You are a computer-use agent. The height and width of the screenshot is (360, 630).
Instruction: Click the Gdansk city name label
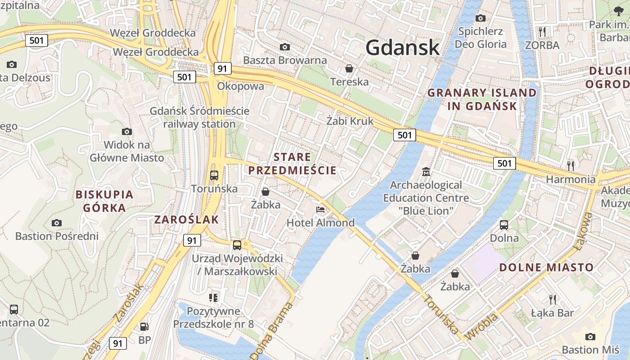pyautogui.click(x=402, y=47)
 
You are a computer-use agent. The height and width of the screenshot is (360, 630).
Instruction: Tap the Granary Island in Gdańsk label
pyautogui.click(x=482, y=99)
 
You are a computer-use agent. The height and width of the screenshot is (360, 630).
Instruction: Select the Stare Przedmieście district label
pyautogui.click(x=292, y=163)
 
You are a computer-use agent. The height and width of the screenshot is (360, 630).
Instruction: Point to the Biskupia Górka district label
pyautogui.click(x=104, y=201)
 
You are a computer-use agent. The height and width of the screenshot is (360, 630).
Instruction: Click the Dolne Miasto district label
pyautogui.click(x=546, y=267)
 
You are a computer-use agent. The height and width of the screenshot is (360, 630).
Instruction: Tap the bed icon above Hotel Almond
pyautogui.click(x=320, y=210)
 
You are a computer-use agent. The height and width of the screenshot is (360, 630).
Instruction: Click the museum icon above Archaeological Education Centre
pyautogui.click(x=426, y=171)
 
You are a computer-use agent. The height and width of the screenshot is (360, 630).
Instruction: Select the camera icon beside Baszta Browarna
pyautogui.click(x=284, y=47)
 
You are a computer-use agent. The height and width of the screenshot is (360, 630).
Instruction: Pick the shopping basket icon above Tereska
pyautogui.click(x=349, y=68)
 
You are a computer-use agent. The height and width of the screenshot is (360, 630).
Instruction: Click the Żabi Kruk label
pyautogui.click(x=350, y=121)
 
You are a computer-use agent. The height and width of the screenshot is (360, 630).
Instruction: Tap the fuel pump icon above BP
pyautogui.click(x=144, y=327)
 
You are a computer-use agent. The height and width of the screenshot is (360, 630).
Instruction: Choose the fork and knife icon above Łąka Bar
pyautogui.click(x=552, y=299)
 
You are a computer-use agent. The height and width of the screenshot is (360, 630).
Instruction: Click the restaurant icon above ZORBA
pyautogui.click(x=542, y=31)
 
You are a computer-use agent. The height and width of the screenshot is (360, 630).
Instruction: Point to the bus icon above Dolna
pyautogui.click(x=504, y=225)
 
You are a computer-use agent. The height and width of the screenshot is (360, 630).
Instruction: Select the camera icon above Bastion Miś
pyautogui.click(x=590, y=337)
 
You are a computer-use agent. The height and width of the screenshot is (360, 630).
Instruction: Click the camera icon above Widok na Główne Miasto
pyautogui.click(x=127, y=131)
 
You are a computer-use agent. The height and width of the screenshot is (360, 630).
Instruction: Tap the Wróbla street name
pyautogui.click(x=482, y=327)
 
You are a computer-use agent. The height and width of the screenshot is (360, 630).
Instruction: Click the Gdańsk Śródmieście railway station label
pyautogui.click(x=199, y=117)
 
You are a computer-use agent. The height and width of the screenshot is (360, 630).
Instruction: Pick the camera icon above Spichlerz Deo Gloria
pyautogui.click(x=481, y=18)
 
